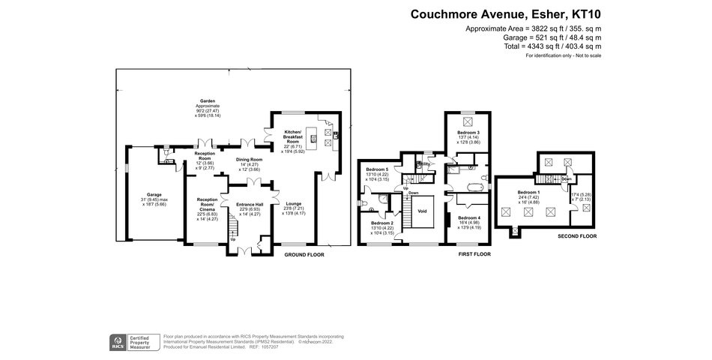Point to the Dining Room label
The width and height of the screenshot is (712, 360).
pyautogui.click(x=250, y=160)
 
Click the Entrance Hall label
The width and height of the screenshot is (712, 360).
pyautogui.click(x=249, y=204)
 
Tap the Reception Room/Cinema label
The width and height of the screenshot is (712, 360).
pyautogui.click(x=207, y=202)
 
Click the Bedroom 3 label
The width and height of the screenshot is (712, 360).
pyautogui.click(x=468, y=132)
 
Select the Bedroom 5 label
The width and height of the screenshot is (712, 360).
pyautogui.click(x=377, y=169)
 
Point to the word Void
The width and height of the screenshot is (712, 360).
pyautogui.click(x=422, y=211)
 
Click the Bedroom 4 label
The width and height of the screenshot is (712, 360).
pyautogui.click(x=468, y=217)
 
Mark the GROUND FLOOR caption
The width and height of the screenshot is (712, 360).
pyautogui.click(x=304, y=255)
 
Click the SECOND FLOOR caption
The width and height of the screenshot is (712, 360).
pyautogui.click(x=577, y=236)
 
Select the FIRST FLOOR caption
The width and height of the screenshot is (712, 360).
pyautogui.click(x=474, y=255)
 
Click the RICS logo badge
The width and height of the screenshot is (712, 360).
pyautogui.click(x=118, y=342)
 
